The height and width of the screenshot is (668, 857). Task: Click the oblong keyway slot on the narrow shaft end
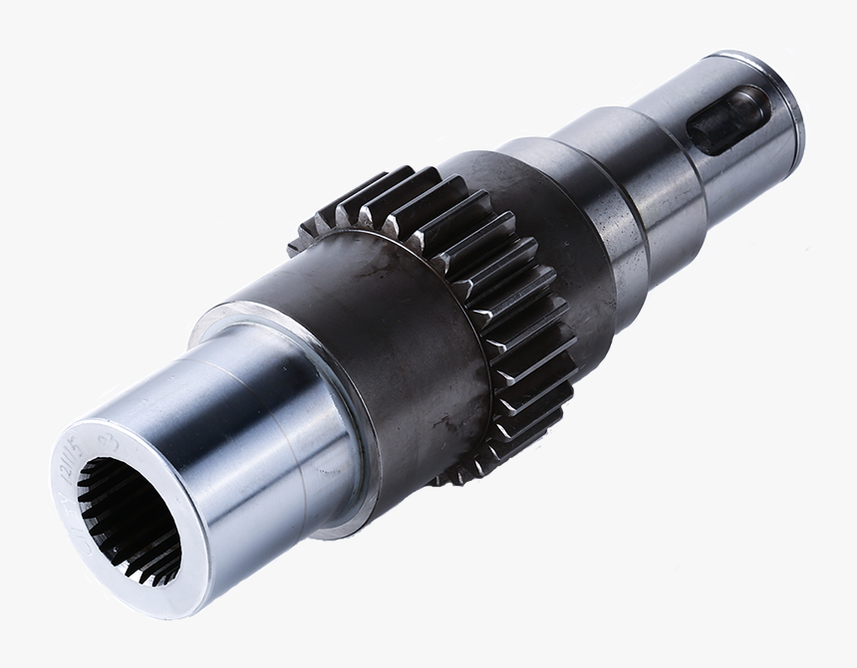point(730,119)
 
